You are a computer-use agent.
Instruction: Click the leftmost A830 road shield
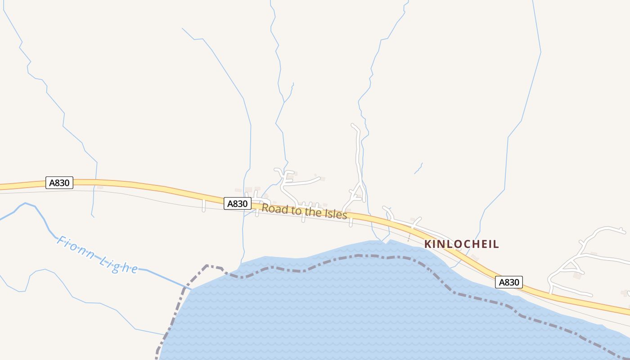[59, 183]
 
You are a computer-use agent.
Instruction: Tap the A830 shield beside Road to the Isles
[237, 203]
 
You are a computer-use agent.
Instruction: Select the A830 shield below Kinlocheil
[509, 282]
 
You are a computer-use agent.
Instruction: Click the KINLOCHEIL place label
[462, 244]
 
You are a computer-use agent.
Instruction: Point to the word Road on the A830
[271, 208]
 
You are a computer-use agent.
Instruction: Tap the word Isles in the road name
[335, 214]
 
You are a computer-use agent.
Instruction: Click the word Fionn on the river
[75, 247]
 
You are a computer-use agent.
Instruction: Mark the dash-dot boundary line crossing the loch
[360, 256]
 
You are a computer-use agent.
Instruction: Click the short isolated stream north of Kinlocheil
[418, 168]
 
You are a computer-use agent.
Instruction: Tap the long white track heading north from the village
[359, 153]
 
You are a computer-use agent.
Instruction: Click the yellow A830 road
[135, 185]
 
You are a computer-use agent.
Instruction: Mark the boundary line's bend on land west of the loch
[207, 266]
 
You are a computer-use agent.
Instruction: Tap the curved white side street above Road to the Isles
[301, 182]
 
